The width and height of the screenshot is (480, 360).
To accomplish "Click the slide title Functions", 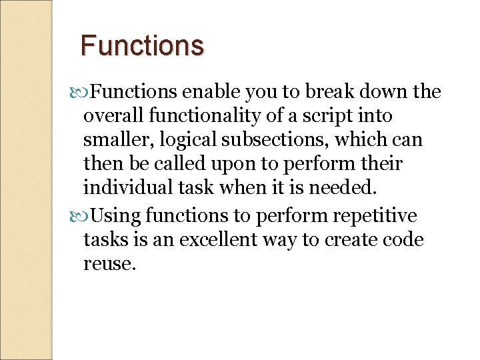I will (x=142, y=45).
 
